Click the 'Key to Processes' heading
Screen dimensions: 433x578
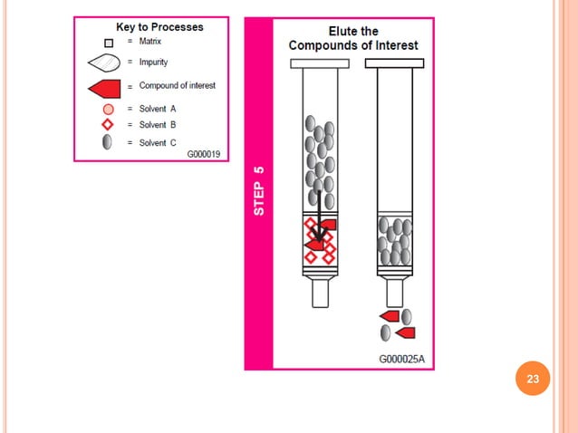coord(159,27)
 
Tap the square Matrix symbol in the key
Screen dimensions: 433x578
coord(107,42)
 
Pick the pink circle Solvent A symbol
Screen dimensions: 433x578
coord(107,110)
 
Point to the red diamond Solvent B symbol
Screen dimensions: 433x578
coord(107,125)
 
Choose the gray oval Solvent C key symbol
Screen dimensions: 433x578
coord(107,141)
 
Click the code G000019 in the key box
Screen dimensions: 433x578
coord(203,154)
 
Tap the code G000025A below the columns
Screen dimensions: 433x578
coord(401,360)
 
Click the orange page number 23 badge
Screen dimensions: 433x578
coord(533,380)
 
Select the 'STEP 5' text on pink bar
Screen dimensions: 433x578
coord(259,189)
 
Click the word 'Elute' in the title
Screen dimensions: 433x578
coord(340,31)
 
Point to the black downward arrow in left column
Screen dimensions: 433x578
coord(317,217)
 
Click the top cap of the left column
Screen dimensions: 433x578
coord(320,63)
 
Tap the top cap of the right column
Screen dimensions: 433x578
coord(394,63)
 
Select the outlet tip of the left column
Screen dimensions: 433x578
coord(320,293)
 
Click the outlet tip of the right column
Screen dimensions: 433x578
coord(394,292)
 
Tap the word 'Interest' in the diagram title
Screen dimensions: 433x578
coord(394,45)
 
